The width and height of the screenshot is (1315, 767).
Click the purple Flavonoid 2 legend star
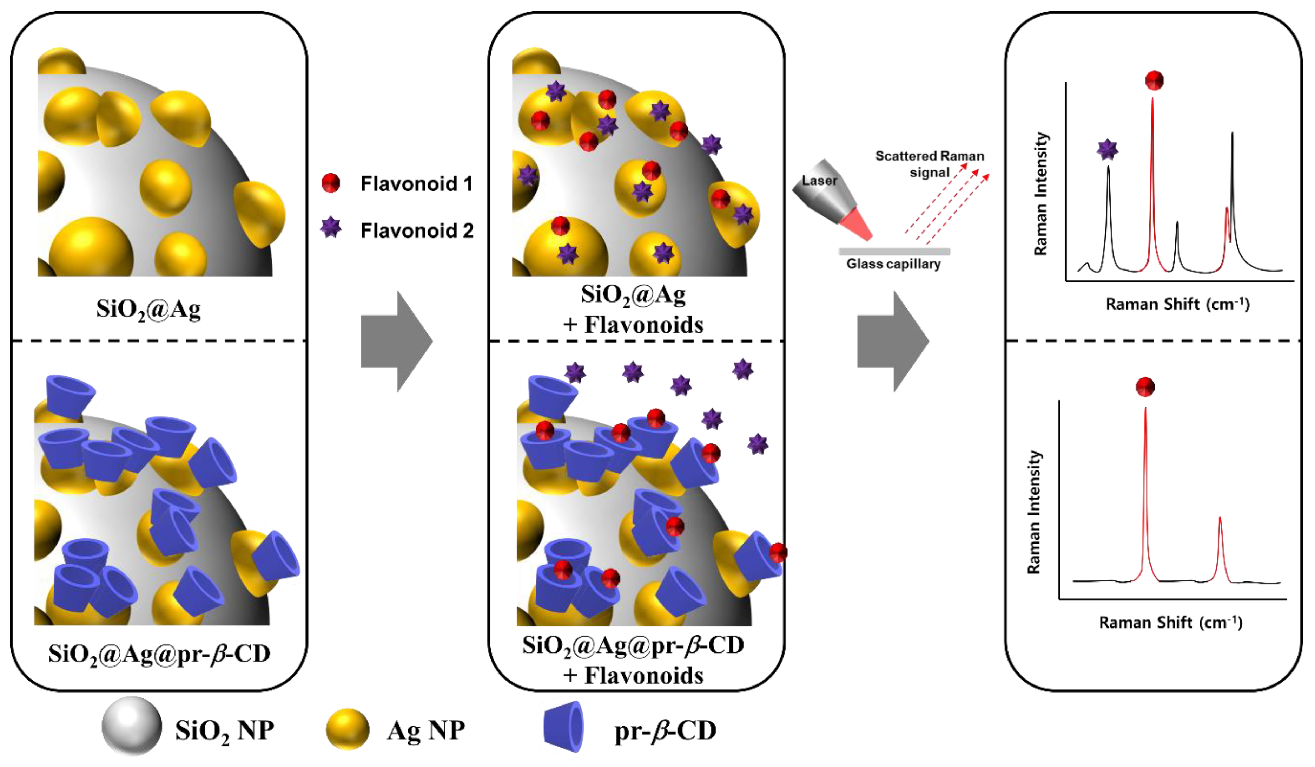point(331,228)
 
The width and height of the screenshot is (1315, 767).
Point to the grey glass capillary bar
point(894,251)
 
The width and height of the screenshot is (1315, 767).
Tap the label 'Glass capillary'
point(893,264)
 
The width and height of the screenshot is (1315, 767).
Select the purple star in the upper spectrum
point(1107,150)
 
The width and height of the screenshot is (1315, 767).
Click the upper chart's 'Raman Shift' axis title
point(1177,304)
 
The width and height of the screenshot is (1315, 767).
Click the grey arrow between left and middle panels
point(397,342)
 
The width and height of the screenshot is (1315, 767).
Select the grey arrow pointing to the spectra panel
point(893,342)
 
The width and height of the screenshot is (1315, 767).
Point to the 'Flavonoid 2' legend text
point(416,230)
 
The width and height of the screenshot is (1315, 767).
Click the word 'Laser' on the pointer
point(819,181)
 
